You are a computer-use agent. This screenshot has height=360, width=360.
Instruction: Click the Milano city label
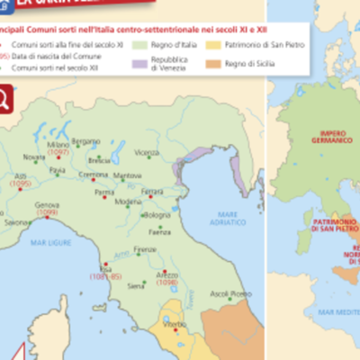58,145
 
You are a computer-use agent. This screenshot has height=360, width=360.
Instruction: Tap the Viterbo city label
175,319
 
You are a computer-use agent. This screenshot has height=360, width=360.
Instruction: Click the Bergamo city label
86,141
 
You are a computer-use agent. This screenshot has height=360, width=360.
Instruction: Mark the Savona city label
17,221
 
